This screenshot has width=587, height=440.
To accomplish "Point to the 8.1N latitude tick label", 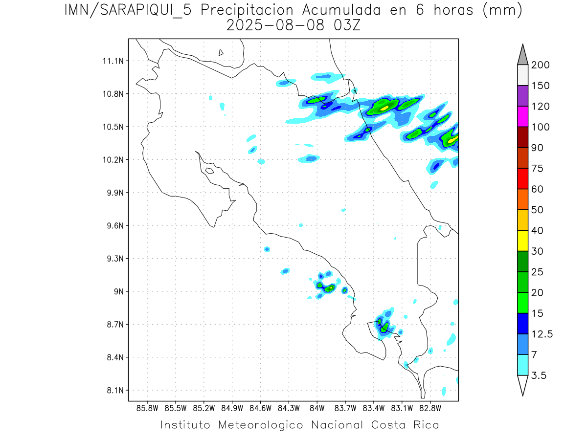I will [110, 390].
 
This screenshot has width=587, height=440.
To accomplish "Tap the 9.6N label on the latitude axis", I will [110, 226].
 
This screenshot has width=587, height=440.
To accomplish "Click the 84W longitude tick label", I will [317, 408].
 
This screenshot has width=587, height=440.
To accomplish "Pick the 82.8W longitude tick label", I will [430, 408].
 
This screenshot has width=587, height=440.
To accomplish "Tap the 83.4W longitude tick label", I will [373, 408].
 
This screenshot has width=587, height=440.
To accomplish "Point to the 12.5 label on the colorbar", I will [542, 334].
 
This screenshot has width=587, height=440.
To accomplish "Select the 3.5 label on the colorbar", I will [539, 375].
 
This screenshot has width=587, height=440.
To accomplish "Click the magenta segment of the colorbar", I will [522, 117].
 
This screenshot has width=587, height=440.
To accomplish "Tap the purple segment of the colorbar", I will [522, 96].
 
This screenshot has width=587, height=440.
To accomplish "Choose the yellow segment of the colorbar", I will [522, 241].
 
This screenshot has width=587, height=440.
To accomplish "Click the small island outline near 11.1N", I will [221, 52].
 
